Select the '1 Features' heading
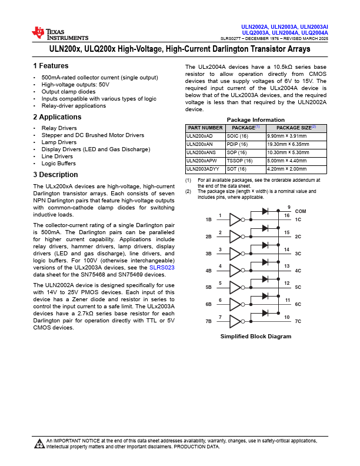pyautogui.click(x=51, y=66)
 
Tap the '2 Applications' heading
pyautogui.click(x=57, y=117)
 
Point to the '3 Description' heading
pyautogui.click(x=55, y=175)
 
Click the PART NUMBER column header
pyautogui.click(x=205, y=127)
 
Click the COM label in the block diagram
pyautogui.click(x=301, y=211)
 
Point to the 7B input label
pyautogui.click(x=208, y=322)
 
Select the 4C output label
pyautogui.click(x=298, y=271)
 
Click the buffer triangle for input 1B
pyautogui.click(x=235, y=219)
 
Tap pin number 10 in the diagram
pyautogui.click(x=288, y=317)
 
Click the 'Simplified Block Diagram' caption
pyautogui.click(x=256, y=336)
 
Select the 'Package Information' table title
pyautogui.click(x=256, y=119)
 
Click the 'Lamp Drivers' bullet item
pyautogui.click(x=59, y=142)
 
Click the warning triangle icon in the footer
pyautogui.click(x=39, y=443)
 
